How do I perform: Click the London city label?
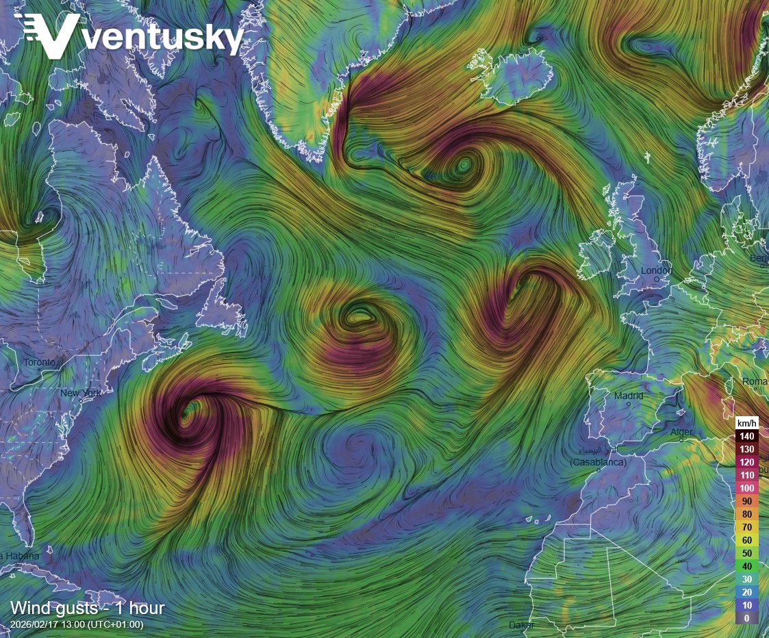click(656, 270)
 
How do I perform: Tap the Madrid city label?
click(629, 396)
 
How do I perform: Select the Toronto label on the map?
click(39, 362)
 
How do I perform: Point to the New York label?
click(81, 393)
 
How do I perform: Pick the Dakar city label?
click(521, 625)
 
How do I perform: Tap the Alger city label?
click(681, 432)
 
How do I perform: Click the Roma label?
click(755, 381)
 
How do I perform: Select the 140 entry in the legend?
click(746, 436)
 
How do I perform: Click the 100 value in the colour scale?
click(746, 488)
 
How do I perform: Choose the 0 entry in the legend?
click(746, 618)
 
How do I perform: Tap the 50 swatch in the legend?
click(746, 553)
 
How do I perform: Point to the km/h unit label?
click(746, 423)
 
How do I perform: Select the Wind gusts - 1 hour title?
click(87, 608)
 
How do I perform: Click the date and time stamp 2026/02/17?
click(77, 624)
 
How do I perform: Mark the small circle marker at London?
click(657, 279)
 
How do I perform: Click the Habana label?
click(21, 556)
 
